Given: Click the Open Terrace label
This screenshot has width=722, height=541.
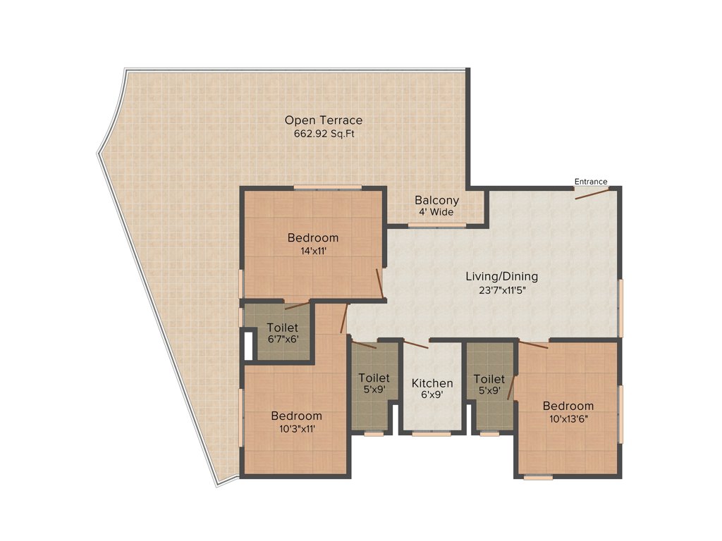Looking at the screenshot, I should [324, 120].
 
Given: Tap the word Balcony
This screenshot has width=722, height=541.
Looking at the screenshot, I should [436, 200].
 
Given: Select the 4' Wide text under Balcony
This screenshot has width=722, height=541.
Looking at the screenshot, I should [436, 212].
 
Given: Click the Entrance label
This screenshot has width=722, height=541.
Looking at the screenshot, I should [590, 182].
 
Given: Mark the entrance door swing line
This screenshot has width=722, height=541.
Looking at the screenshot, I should [591, 194].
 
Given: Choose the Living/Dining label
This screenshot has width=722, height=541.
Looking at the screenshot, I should [501, 276].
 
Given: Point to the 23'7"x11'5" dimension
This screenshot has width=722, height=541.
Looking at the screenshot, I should [501, 289].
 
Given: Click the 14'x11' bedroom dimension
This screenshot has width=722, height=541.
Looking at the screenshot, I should [312, 250].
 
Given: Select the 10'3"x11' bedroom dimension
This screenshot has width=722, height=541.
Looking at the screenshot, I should [296, 428].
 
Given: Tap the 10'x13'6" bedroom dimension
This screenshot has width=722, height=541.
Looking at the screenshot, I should [568, 418].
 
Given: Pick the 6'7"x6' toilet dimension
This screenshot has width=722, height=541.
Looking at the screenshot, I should [282, 340].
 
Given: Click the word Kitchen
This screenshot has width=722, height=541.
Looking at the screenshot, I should [432, 383].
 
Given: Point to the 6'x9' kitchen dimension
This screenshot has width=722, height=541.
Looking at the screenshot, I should [432, 395].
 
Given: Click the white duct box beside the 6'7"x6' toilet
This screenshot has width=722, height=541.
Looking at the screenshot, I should [247, 345].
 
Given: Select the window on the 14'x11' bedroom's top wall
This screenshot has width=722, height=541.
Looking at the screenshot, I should [327, 187].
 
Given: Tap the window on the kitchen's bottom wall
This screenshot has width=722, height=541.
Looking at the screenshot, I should [431, 434].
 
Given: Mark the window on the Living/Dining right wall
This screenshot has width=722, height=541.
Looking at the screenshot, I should [621, 308].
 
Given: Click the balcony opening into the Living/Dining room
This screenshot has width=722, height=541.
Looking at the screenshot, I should [436, 225].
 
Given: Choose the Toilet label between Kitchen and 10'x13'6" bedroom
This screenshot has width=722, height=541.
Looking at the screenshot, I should [489, 378].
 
